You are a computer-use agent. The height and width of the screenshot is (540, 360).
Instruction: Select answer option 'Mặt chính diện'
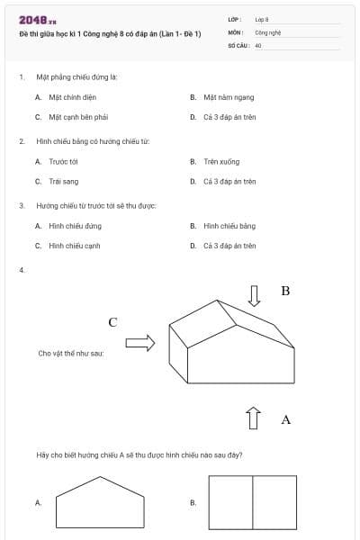tap(67, 96)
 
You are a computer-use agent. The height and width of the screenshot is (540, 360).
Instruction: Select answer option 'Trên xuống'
tap(221, 161)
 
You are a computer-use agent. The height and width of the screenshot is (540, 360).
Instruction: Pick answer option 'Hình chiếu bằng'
tap(229, 226)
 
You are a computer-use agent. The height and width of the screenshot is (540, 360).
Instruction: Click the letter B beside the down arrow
tap(285, 291)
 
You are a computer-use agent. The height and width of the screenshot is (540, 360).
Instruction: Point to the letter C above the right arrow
tap(113, 321)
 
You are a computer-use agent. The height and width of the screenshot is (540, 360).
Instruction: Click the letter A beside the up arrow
tap(286, 419)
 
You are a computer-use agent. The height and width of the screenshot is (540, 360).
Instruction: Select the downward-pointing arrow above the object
tap(255, 295)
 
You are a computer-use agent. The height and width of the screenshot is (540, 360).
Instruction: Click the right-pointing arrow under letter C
tap(139, 343)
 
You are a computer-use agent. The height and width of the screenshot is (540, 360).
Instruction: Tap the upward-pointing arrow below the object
tap(254, 418)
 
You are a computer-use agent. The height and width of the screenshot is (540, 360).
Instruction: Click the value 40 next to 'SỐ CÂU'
tap(258, 43)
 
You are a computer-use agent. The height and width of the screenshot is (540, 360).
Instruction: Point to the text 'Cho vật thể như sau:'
tap(70, 354)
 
